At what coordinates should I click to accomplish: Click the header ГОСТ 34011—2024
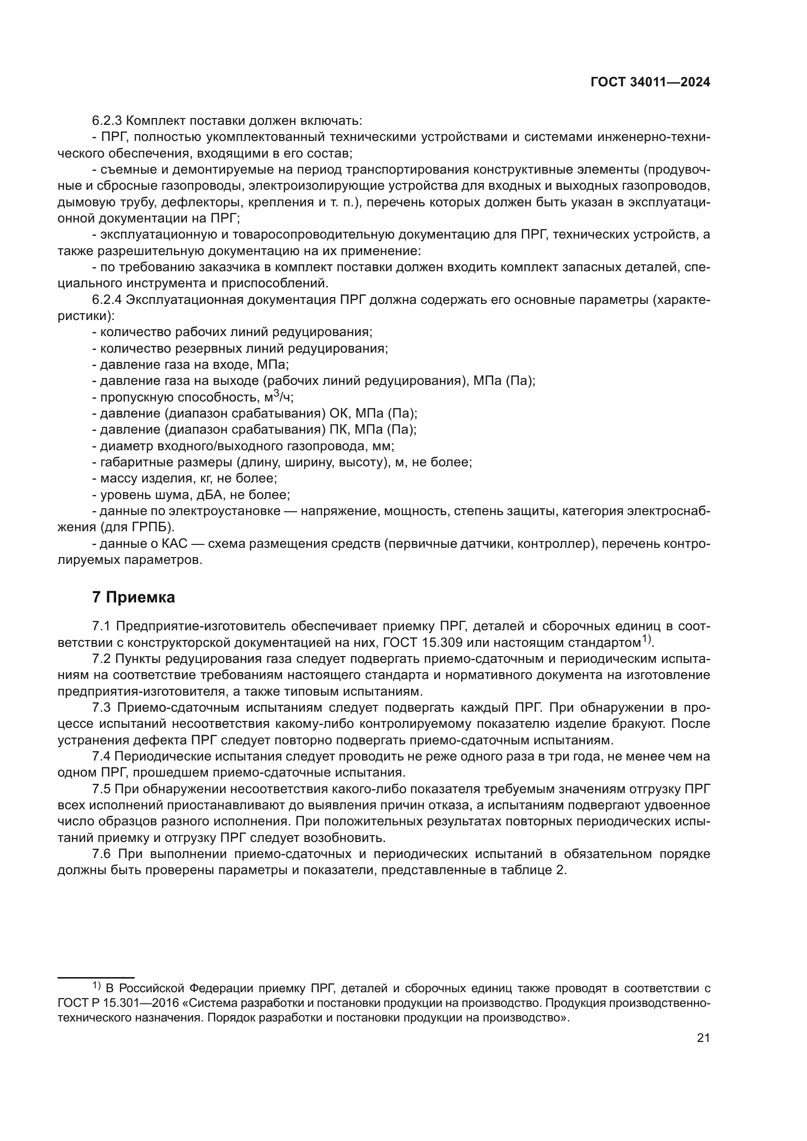(x=650, y=82)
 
